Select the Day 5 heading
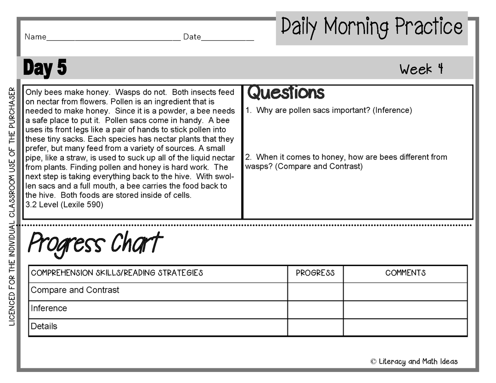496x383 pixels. tap(45, 68)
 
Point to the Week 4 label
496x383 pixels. tap(421, 69)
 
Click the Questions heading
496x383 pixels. tap(286, 93)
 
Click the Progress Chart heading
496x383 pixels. tap(95, 243)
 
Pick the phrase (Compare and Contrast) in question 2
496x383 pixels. tap(319, 167)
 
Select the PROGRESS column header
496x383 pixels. tap(315, 273)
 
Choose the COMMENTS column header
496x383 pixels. tap(405, 273)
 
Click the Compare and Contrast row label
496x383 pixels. tap(75, 290)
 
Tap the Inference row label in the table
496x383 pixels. tap(49, 308)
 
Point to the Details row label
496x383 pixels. tap(44, 327)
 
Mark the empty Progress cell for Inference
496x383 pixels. tap(315, 310)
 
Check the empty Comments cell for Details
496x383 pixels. tap(405, 327)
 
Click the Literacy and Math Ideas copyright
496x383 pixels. tap(414, 361)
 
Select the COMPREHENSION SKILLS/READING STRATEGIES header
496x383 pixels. tap(117, 273)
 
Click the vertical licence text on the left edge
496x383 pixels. tap(12, 206)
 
